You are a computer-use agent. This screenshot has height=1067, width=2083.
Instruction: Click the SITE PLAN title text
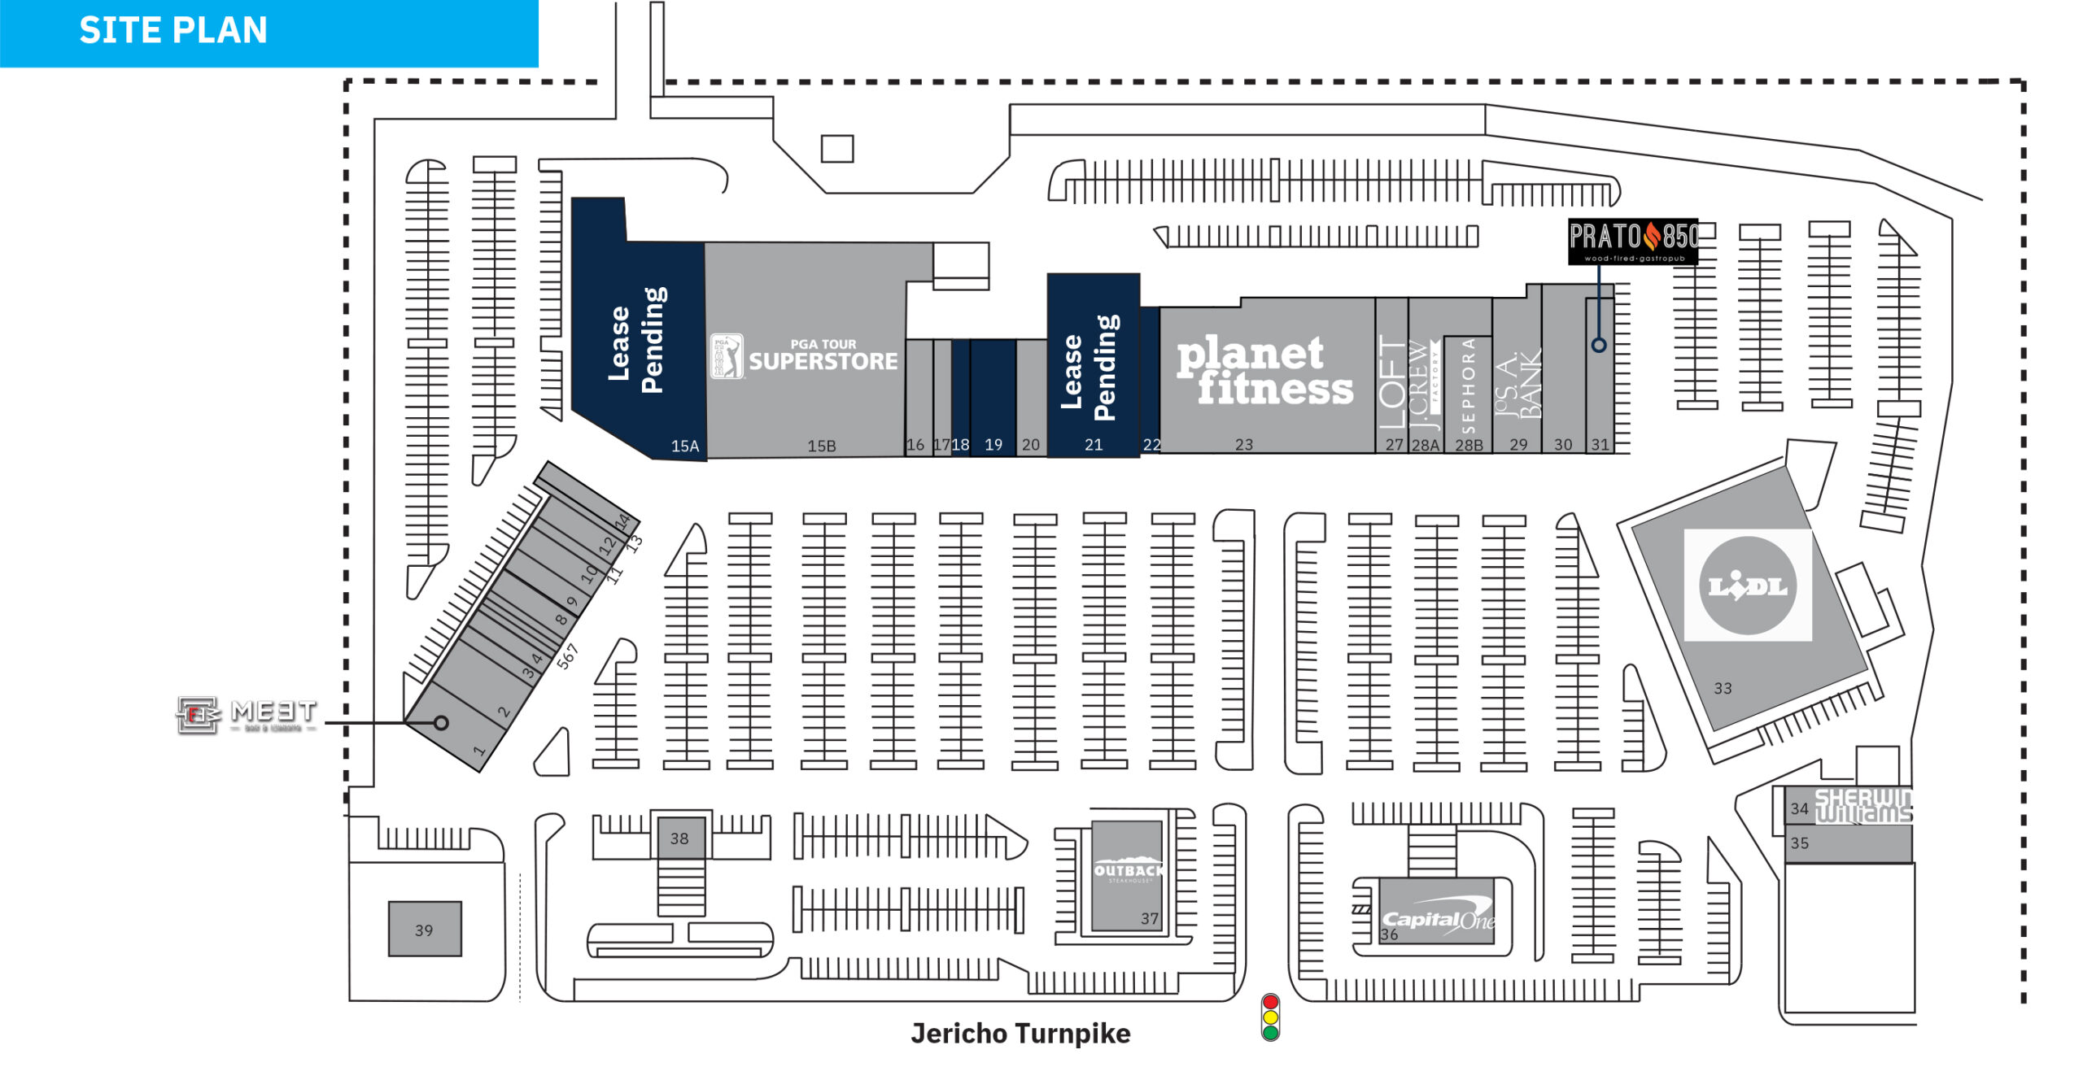173,31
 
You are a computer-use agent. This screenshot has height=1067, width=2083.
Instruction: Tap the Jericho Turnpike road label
1020,1034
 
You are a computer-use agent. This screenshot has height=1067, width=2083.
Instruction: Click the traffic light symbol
1270,1017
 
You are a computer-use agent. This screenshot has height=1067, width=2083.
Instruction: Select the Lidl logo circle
1747,586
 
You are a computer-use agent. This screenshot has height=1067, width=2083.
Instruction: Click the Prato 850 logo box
1633,241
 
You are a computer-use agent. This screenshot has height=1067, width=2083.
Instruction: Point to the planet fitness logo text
1264,371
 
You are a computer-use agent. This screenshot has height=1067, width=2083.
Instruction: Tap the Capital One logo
1439,919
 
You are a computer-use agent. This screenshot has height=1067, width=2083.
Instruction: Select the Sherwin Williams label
1863,806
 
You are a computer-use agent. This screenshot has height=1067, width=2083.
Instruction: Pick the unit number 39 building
425,929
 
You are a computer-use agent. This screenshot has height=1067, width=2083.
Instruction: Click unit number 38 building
679,838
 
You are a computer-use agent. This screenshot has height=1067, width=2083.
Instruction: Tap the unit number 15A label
685,446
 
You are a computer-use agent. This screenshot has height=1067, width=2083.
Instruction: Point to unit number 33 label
1723,688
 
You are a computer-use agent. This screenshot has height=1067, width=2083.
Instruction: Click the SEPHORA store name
1468,386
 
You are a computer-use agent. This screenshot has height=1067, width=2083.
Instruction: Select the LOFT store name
1392,382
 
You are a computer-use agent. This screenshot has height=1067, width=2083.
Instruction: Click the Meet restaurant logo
247,715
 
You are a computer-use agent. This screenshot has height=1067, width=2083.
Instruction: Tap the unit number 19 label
993,445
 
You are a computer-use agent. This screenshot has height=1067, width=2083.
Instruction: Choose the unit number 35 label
1800,843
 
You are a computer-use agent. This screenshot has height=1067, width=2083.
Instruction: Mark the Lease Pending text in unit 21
1090,370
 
